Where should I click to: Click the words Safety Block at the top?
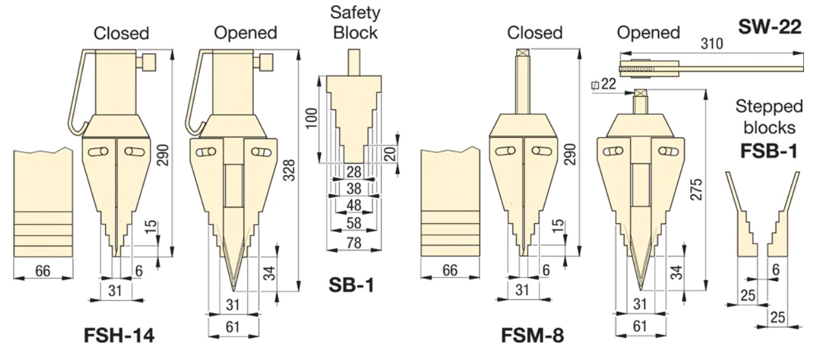(x=355, y=23)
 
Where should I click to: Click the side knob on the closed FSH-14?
(x=149, y=63)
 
